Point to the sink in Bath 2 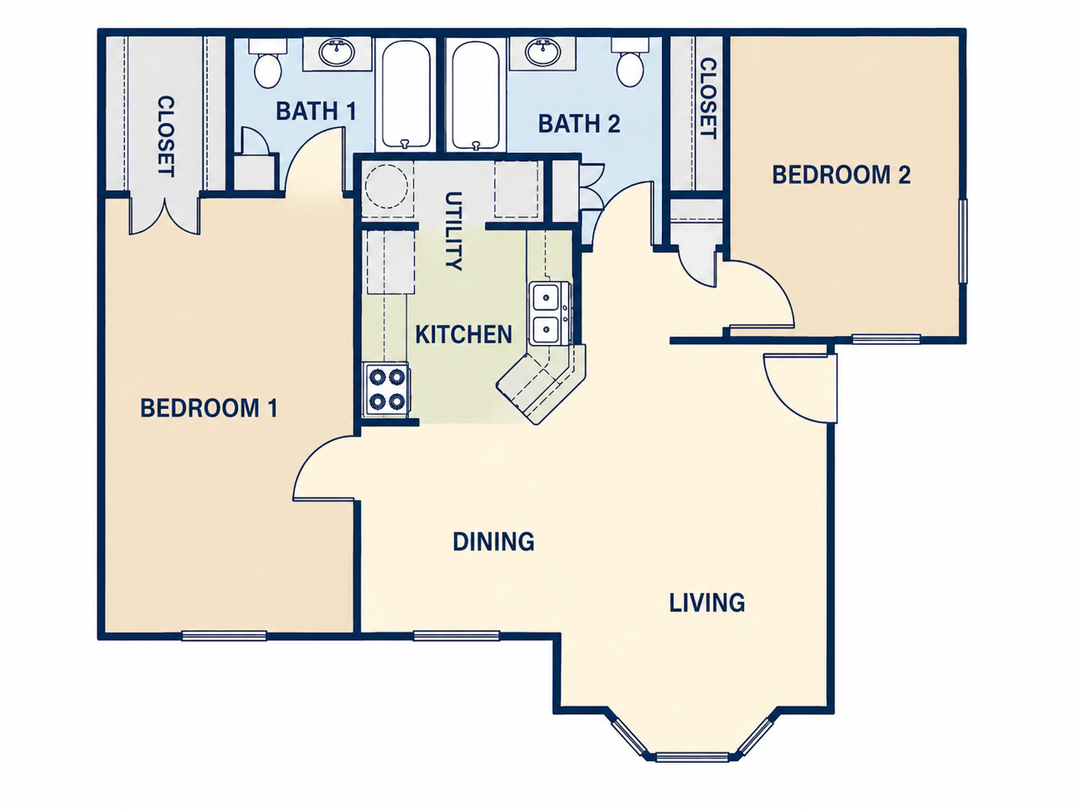(542, 52)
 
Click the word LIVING (707, 603)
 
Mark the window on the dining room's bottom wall (457, 636)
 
